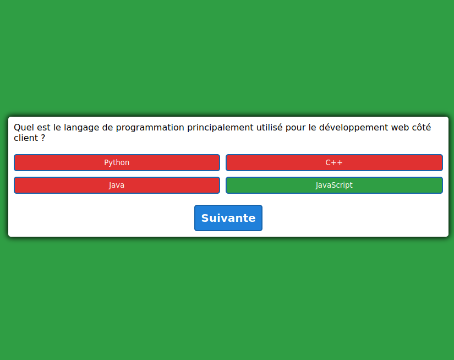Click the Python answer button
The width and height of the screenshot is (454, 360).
117,162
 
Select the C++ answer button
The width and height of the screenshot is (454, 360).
334,162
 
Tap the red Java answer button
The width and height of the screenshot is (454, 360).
117,185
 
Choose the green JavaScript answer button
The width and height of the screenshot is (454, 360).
334,185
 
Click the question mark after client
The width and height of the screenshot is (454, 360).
43,138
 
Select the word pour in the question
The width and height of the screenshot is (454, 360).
296,128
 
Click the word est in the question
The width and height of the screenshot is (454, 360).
43,128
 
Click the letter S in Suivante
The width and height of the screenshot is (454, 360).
205,218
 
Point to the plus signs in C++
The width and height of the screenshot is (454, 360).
337,163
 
